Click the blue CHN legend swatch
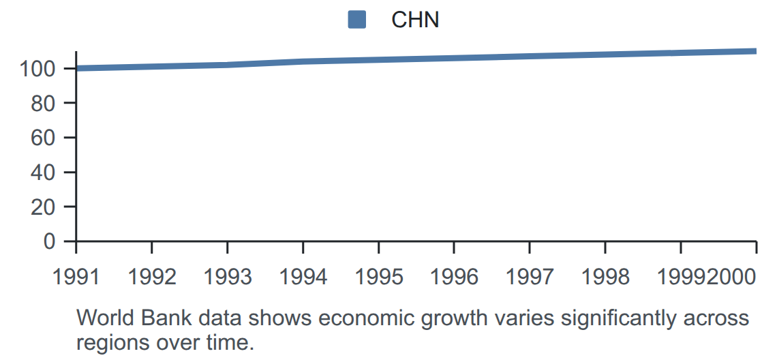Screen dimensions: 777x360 pos(356,20)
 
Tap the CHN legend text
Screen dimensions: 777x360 pos(415,20)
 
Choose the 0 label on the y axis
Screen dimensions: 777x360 pos(49,241)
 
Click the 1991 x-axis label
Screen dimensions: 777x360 pos(76,277)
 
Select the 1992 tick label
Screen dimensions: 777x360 pos(151,277)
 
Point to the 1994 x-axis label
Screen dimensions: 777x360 pos(303,277)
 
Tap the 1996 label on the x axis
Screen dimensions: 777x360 pos(454,277)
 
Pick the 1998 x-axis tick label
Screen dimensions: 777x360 pos(605,277)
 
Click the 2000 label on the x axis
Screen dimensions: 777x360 pos(733,277)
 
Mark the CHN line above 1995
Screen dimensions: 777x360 pos(378,60)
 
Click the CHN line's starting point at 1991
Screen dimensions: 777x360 pos(76,68)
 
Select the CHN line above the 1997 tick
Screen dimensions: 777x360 pos(530,56)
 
